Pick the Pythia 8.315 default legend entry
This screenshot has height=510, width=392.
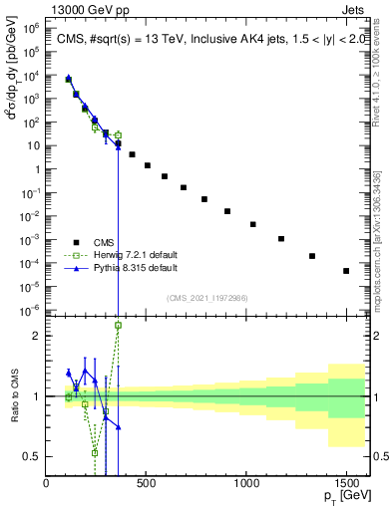[x=123, y=268]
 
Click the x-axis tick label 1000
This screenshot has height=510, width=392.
[x=246, y=483]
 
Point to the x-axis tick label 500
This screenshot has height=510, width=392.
[x=147, y=483]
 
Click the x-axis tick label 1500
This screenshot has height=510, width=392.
[x=346, y=483]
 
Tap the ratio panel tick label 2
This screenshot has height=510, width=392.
[x=37, y=336]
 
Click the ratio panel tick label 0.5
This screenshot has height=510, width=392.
[x=33, y=456]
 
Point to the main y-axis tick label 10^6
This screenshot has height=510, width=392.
[x=31, y=29]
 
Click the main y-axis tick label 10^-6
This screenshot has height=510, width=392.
[x=31, y=309]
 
